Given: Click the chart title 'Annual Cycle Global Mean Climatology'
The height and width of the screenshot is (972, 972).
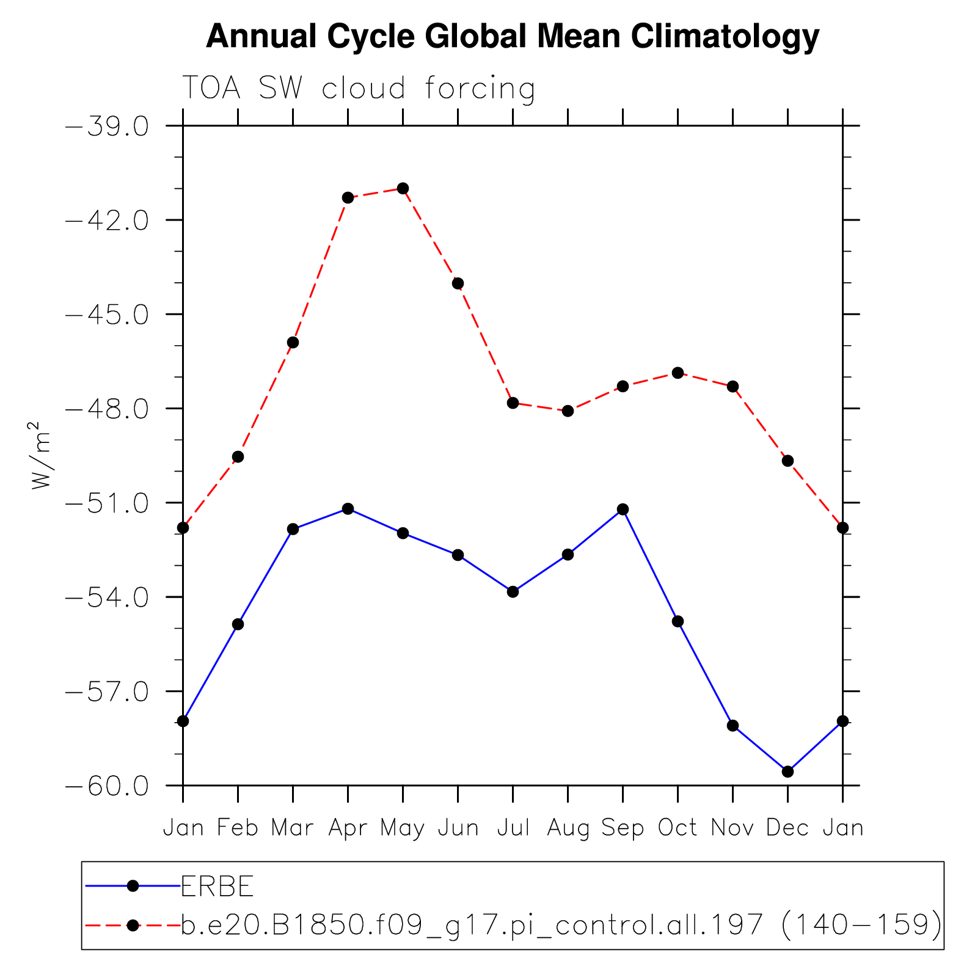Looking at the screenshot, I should [x=513, y=37].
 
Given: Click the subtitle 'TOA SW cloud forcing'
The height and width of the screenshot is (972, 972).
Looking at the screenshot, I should [x=359, y=89].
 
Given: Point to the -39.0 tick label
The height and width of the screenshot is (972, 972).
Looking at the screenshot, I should [x=107, y=126].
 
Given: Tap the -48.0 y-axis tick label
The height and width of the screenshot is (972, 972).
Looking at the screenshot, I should [x=107, y=409].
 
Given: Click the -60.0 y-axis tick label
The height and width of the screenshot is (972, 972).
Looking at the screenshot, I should [x=107, y=786].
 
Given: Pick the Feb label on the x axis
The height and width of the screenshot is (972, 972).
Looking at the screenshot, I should [x=238, y=828].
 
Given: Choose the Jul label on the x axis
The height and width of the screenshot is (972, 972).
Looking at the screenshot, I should [x=513, y=828].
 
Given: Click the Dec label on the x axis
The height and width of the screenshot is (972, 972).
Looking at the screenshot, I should [x=787, y=828].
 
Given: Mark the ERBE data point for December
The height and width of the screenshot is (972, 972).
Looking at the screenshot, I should [x=787, y=772].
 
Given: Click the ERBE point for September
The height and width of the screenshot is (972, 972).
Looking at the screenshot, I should [x=623, y=510].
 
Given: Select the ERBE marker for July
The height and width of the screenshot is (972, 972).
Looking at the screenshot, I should [x=513, y=591].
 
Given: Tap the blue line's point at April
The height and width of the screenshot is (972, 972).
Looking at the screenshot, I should [x=348, y=508].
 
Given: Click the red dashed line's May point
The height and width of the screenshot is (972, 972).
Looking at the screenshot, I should [x=403, y=188].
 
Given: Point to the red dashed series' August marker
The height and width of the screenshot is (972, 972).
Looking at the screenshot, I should [x=568, y=411].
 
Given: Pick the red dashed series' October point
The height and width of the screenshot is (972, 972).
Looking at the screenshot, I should [x=678, y=373].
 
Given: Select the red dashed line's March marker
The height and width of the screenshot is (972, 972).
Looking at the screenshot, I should [x=293, y=342].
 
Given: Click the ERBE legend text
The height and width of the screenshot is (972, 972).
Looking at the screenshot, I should [x=217, y=886].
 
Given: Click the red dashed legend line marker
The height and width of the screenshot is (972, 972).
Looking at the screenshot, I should [x=133, y=925].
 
